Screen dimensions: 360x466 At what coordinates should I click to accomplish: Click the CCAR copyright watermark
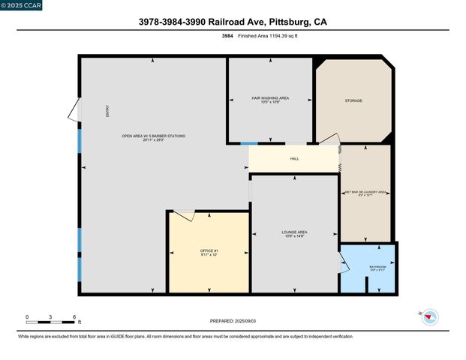pyautogui.click(x=22, y=5)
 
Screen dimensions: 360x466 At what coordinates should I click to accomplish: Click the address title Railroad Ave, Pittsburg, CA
pyautogui.click(x=233, y=22)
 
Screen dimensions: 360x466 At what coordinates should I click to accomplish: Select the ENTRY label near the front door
pyautogui.click(x=107, y=111)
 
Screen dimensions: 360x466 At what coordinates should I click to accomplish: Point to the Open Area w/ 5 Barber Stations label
pyautogui.click(x=153, y=137)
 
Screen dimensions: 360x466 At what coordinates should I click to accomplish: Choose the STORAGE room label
pyautogui.click(x=353, y=100)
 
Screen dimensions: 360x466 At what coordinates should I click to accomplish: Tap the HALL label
pyautogui.click(x=294, y=159)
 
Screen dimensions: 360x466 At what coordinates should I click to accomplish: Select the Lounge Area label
pyautogui.click(x=293, y=233)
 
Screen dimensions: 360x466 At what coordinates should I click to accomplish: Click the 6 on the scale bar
pyautogui.click(x=74, y=317)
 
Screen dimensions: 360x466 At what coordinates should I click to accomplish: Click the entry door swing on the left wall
pyautogui.click(x=74, y=110)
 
